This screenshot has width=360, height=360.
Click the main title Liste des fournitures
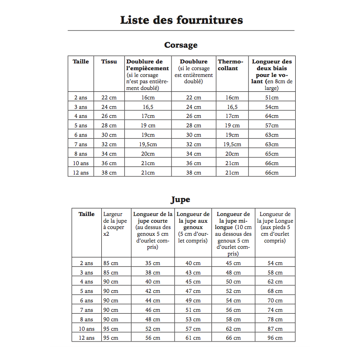181,20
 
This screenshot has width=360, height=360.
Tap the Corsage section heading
181,45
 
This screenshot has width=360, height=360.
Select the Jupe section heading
180,199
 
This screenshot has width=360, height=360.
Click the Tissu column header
109,62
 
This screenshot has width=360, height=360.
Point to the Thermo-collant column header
230,65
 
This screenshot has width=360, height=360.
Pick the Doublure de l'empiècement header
148,65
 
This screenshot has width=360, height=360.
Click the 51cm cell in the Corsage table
272,98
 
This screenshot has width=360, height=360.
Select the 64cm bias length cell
272,116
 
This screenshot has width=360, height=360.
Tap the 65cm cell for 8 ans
272,154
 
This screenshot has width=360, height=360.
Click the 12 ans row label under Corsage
81,173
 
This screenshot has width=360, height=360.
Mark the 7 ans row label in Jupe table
86,310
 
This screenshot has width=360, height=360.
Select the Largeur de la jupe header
115,224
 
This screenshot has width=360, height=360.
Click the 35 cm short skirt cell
153,263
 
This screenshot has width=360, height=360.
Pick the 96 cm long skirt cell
275,338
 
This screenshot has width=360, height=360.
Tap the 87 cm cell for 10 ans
275,329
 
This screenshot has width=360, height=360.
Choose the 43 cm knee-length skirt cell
193,273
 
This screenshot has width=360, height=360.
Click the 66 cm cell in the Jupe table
233,338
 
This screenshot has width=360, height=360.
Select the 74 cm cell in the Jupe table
275,310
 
